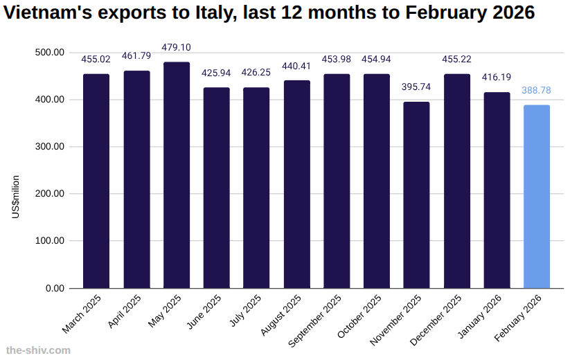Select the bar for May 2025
[177, 175]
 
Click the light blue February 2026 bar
[537, 197]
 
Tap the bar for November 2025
[416, 195]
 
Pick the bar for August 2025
[297, 184]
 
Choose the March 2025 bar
[96, 181]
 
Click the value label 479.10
[177, 48]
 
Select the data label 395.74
[416, 87]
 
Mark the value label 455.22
[456, 60]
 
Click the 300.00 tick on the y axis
[48, 147]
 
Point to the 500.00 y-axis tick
[48, 53]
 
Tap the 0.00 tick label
[54, 288]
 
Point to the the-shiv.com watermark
[38, 350]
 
